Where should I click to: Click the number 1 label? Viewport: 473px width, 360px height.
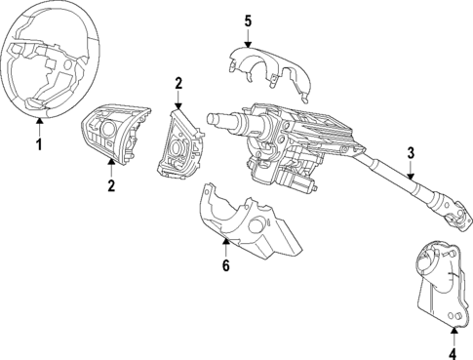point(39,145)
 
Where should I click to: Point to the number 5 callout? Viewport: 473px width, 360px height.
point(248,20)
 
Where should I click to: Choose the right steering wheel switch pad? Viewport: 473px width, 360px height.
point(179,141)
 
